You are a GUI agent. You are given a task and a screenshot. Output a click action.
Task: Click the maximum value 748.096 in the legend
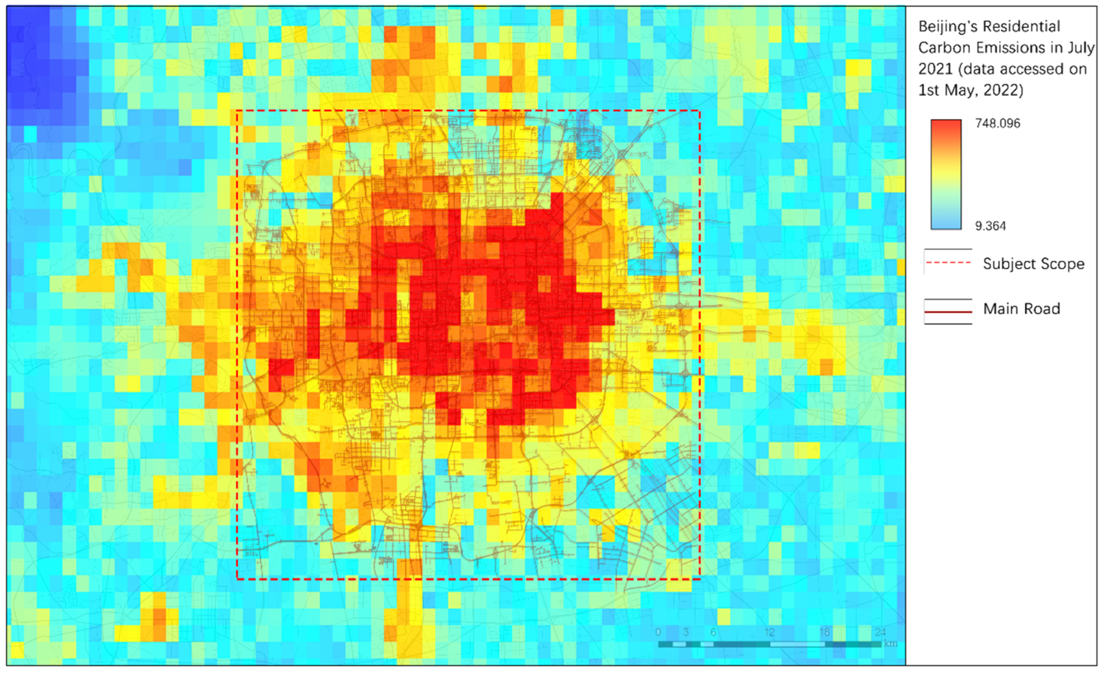997,123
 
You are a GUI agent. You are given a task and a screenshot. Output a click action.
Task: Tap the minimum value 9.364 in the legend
990,226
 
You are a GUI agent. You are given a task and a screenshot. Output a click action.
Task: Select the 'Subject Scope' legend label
1033,264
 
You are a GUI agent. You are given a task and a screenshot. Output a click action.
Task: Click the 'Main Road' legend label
1021,309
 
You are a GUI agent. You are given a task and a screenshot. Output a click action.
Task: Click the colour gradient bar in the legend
946,174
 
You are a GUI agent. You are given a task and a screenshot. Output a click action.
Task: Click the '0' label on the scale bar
658,632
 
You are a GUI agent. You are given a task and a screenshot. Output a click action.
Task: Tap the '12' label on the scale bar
769,632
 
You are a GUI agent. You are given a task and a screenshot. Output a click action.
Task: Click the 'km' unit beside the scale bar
890,644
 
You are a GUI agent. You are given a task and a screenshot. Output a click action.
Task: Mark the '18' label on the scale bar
825,632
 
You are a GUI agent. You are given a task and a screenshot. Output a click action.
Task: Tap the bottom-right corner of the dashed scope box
700,579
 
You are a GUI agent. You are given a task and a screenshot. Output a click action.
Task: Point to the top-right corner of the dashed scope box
700,110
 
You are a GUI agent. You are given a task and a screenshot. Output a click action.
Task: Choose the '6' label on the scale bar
713,632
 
